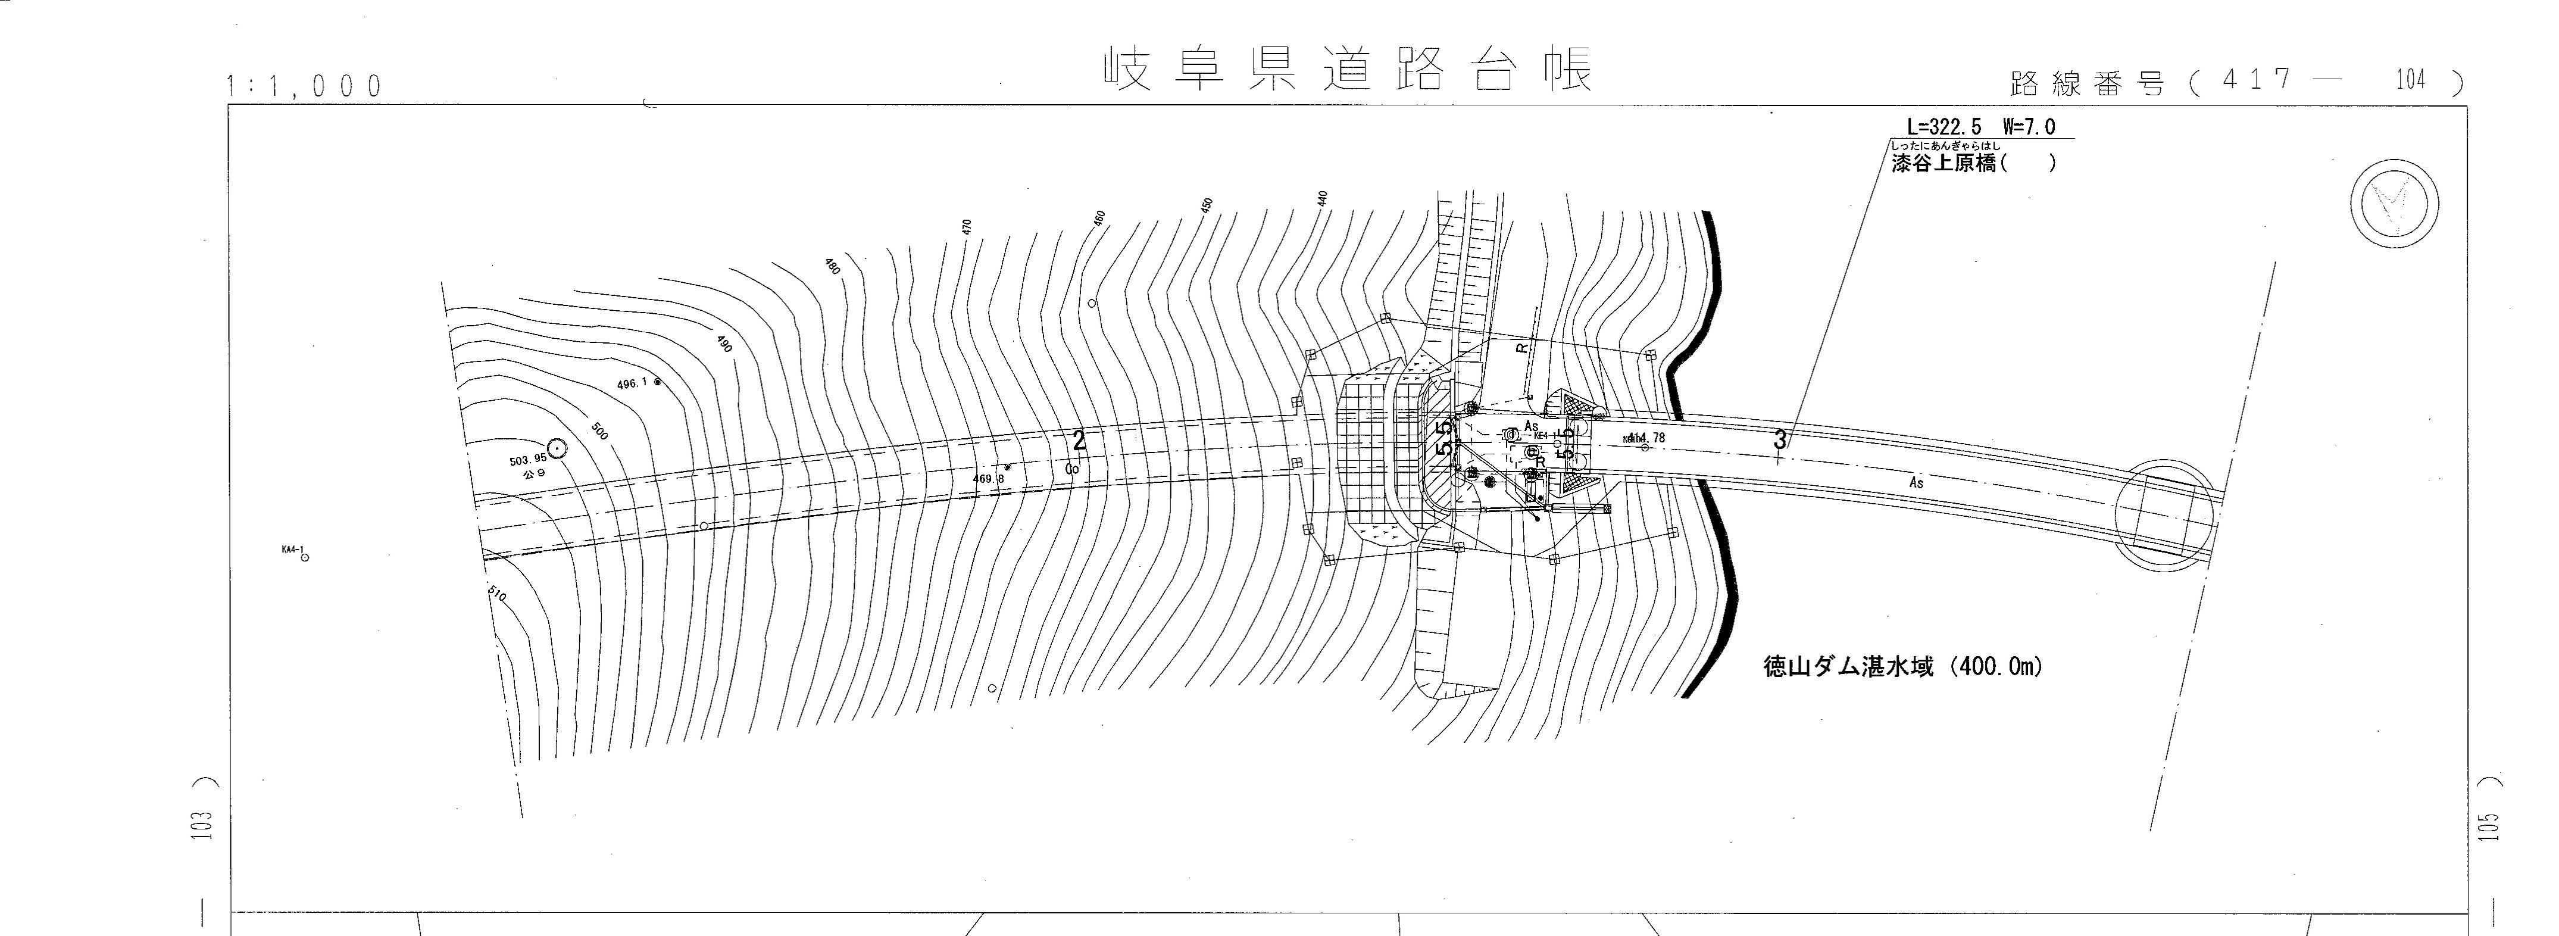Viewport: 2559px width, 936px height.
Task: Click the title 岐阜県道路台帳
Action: pyautogui.click(x=1348, y=70)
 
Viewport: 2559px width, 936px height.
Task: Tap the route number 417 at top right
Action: pyautogui.click(x=2257, y=80)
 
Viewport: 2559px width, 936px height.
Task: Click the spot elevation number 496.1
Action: pyautogui.click(x=632, y=383)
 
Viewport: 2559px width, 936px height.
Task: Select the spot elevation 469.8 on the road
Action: pyautogui.click(x=988, y=479)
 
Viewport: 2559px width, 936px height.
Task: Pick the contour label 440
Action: pyautogui.click(x=1322, y=198)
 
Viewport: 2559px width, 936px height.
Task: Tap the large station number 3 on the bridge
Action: pyautogui.click(x=1779, y=440)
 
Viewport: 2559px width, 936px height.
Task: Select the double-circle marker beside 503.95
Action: pyautogui.click(x=557, y=449)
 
